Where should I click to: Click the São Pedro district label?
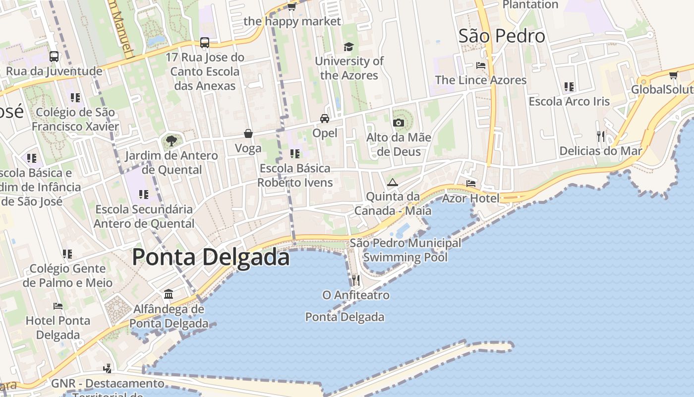502,36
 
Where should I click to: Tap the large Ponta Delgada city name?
211,257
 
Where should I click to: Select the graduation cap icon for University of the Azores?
349,47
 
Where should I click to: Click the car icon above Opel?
325,119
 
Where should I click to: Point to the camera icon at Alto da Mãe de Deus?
399,123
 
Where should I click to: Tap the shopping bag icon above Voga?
248,133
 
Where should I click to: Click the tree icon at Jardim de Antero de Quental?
172,140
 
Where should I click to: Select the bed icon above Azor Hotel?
471,184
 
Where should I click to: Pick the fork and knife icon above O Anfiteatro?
355,280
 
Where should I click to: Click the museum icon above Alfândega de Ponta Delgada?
169,294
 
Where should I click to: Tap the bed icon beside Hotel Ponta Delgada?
58,306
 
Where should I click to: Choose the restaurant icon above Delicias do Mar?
601,136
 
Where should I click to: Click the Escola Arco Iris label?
569,101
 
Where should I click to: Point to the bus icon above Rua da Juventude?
54,57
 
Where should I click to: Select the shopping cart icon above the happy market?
292,6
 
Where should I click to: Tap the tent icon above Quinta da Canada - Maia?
393,182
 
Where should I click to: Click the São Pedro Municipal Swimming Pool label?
405,250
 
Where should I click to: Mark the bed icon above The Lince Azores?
480,65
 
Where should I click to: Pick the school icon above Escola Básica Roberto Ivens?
295,154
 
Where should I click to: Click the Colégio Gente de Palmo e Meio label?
67,275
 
